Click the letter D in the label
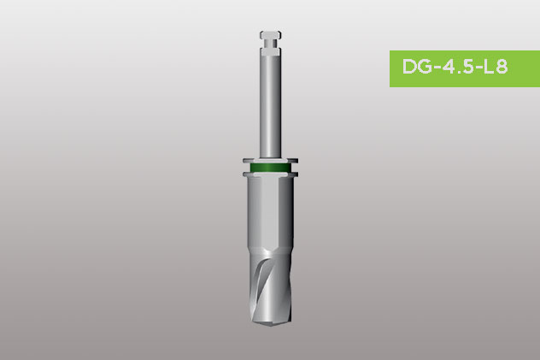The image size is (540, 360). (409, 67)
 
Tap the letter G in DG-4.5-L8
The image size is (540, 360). (425, 67)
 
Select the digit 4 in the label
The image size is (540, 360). (449, 67)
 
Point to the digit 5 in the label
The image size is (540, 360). (467, 67)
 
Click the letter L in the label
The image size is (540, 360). (490, 67)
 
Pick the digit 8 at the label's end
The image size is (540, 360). (502, 67)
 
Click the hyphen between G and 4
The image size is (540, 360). (437, 68)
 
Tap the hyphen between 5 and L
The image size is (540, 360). (479, 68)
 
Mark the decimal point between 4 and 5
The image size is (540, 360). (458, 72)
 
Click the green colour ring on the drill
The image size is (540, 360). (271, 168)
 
